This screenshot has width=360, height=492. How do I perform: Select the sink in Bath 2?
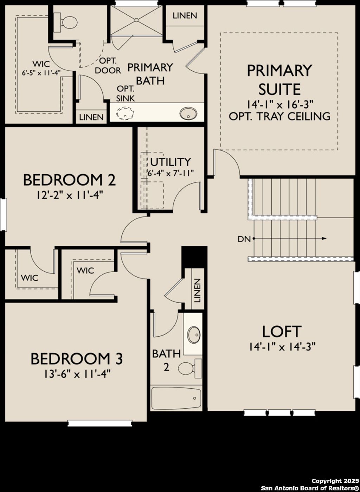tap(194, 334)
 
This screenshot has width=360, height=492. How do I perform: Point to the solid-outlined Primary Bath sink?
tap(188, 113)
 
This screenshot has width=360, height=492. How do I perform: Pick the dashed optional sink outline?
tap(125, 114)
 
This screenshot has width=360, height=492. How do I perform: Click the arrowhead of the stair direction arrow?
tap(324, 239)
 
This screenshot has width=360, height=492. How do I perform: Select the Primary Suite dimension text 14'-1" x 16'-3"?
tap(279, 104)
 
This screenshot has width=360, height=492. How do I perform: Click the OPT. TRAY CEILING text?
tap(279, 116)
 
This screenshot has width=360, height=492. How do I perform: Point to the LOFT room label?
tap(282, 332)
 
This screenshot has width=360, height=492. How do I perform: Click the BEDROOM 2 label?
tap(69, 180)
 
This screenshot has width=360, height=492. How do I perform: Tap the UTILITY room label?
tap(171, 162)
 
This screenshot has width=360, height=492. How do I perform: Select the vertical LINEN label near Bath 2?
tap(197, 291)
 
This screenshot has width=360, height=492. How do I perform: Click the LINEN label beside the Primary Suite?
tap(185, 16)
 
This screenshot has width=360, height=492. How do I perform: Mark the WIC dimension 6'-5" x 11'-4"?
tap(41, 73)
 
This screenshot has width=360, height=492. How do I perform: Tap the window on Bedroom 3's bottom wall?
tap(100, 423)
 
